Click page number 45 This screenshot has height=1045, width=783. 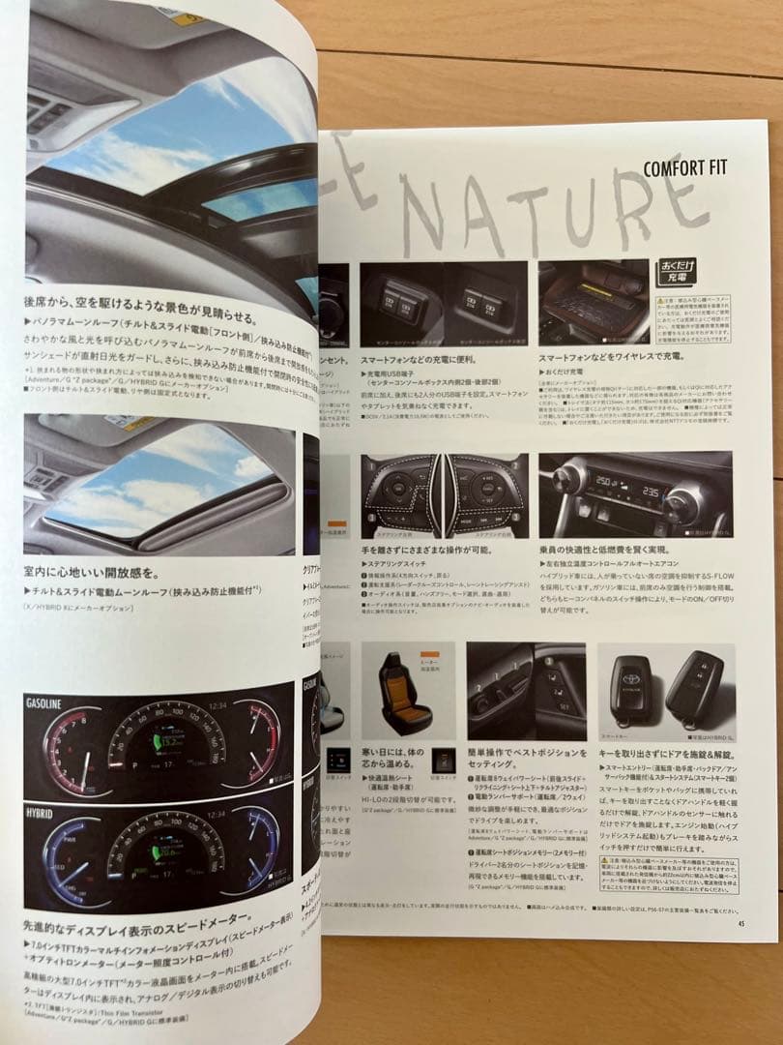coord(740,920)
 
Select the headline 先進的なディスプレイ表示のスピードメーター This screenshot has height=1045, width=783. coord(140,915)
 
